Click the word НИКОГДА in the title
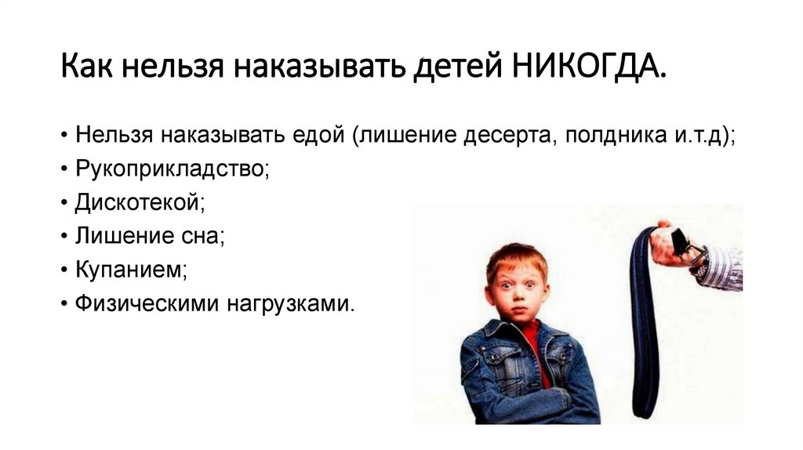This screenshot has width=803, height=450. (588, 66)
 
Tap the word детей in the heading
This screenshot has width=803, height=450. (458, 67)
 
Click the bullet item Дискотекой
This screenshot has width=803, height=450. (140, 203)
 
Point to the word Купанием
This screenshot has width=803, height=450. (131, 270)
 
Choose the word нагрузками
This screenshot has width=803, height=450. (290, 304)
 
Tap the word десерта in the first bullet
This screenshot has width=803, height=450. (508, 136)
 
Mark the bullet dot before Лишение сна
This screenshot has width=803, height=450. (64, 237)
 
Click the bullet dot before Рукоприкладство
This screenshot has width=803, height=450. (64, 169)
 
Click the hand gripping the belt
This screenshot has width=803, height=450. (672, 245)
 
